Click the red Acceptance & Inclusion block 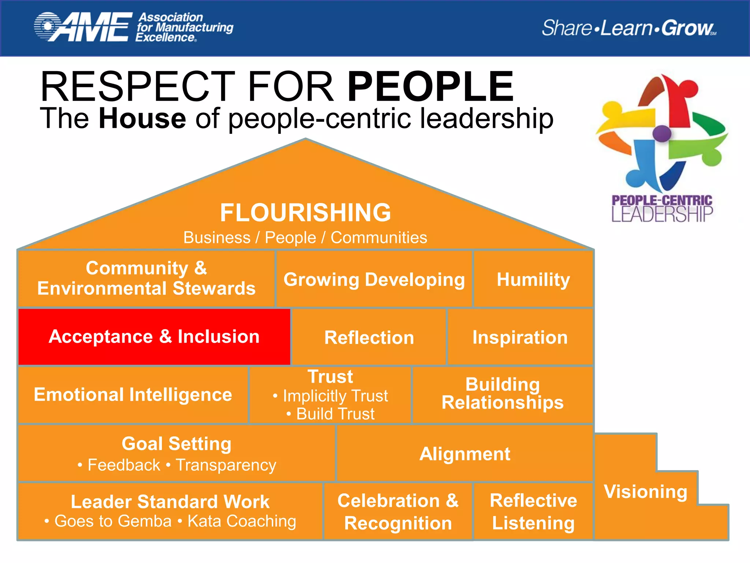click(154, 337)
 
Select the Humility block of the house click(533, 280)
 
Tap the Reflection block click(369, 338)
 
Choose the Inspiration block click(520, 337)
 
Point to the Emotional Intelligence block click(133, 395)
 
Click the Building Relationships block click(502, 394)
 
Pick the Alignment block click(464, 454)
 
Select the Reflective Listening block click(533, 512)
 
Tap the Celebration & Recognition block click(398, 512)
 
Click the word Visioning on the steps click(646, 492)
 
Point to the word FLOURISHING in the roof click(305, 213)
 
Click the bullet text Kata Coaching click(242, 521)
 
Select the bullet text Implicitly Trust click(335, 396)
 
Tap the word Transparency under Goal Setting click(226, 465)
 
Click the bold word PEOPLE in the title click(431, 87)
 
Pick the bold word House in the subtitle click(142, 118)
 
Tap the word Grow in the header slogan click(687, 28)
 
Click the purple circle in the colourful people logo click(662, 133)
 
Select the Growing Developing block click(374, 280)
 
